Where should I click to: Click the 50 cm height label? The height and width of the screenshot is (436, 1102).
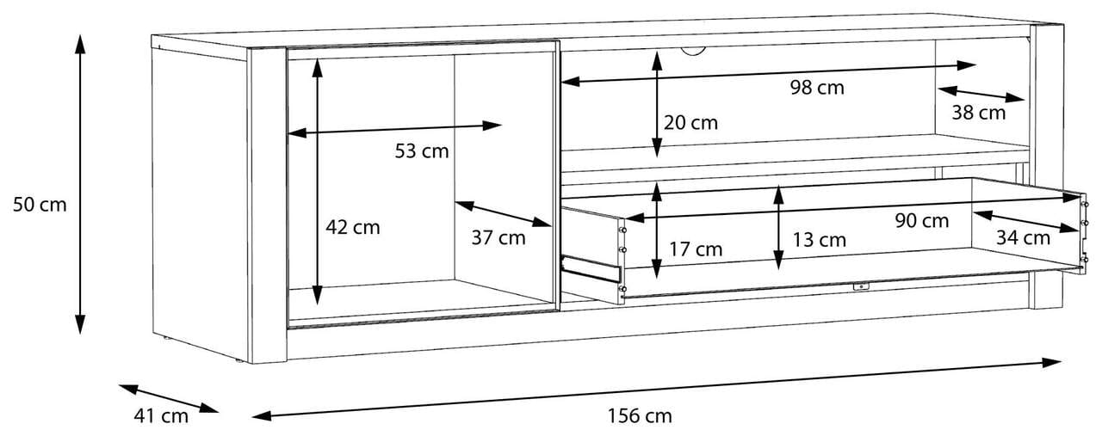point(40,205)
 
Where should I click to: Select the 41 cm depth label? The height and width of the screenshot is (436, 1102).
point(161,416)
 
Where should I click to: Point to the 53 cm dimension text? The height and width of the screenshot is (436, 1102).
point(422,151)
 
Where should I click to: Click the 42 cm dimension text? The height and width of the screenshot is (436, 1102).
point(352,228)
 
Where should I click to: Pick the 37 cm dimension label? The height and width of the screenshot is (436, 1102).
point(498,238)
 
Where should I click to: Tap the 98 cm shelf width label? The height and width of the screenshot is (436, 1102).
point(817,87)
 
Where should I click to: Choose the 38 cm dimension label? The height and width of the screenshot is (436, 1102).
point(978,112)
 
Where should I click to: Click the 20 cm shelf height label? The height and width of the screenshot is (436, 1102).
point(690,123)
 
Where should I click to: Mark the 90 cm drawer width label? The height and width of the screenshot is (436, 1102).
point(922,221)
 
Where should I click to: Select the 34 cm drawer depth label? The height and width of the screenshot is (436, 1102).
point(1023,237)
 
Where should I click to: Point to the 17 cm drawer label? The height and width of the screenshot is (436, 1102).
point(696,250)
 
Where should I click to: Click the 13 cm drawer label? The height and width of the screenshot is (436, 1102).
point(820,240)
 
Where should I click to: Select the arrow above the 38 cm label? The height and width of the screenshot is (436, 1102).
point(981,94)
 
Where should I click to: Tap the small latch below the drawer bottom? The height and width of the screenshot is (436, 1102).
point(859,286)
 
